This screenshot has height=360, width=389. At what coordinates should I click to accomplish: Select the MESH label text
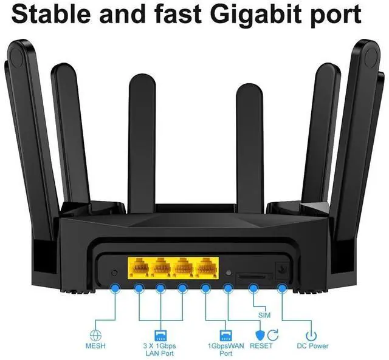pos(95,346)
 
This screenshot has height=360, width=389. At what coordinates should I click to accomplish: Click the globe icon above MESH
pos(95,335)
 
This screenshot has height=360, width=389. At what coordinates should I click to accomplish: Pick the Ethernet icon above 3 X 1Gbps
pos(160,335)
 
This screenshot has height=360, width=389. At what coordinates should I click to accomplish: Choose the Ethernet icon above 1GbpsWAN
pos(225,335)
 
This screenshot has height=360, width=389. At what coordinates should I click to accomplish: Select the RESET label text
pos(261,346)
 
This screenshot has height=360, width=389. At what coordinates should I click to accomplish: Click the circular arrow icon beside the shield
pos(273,335)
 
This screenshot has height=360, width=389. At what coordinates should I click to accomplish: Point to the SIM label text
pos(264,316)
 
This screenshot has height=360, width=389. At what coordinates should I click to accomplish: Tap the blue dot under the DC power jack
pos(282,288)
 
